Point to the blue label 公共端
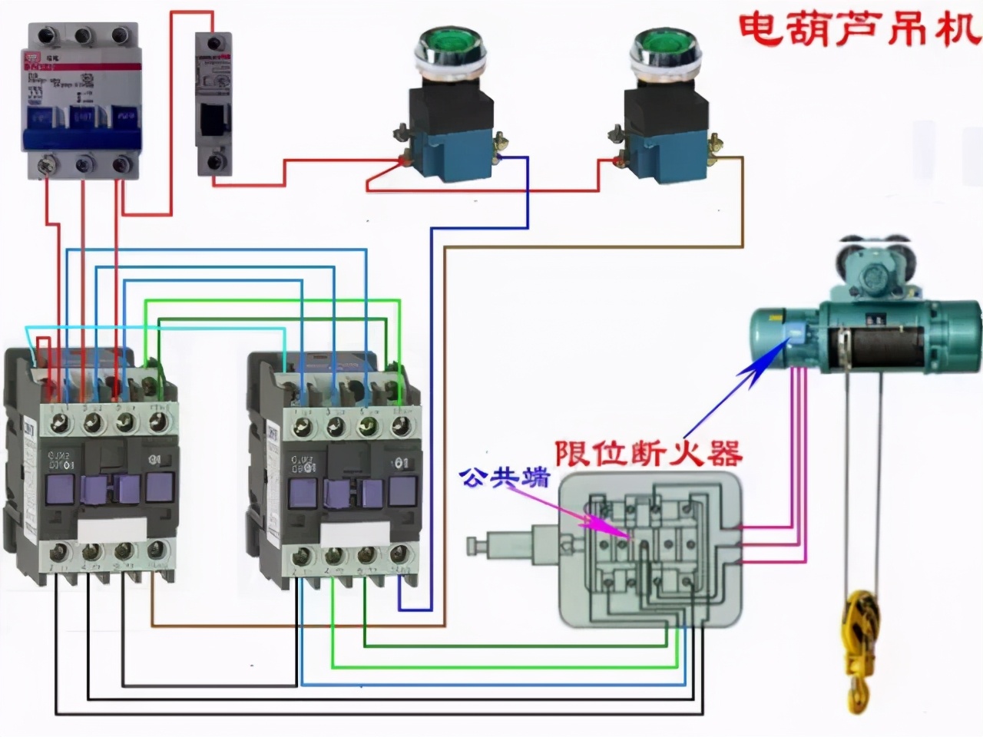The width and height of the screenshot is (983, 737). pyautogui.click(x=505, y=478)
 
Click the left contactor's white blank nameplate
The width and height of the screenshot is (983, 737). pyautogui.click(x=112, y=529)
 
